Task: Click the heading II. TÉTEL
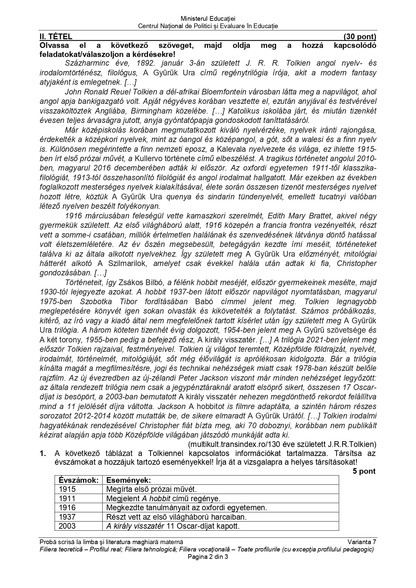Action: tap(56, 37)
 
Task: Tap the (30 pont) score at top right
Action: tap(360, 37)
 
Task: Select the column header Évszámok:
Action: tap(78, 480)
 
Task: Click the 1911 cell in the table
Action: tap(67, 498)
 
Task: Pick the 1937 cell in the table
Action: tap(67, 517)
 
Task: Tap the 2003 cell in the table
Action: tap(67, 526)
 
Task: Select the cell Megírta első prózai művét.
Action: tap(151, 489)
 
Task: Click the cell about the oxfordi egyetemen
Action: tap(186, 508)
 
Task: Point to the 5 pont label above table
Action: tap(364, 471)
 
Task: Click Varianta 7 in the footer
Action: tap(362, 542)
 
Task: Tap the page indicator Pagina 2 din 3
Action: tap(208, 557)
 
